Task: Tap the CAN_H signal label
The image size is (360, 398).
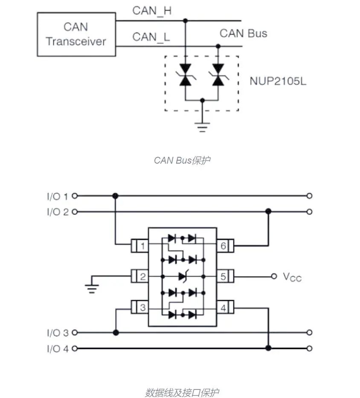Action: [152, 11]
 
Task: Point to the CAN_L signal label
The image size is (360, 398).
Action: [151, 37]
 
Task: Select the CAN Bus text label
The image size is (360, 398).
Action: [244, 33]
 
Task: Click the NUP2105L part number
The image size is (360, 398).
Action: [278, 81]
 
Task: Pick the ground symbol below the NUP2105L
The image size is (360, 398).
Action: [202, 127]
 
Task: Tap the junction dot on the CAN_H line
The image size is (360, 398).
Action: [185, 20]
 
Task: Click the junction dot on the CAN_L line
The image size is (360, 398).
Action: [218, 46]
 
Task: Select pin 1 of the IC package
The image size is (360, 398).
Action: [139, 246]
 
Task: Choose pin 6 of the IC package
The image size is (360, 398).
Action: [225, 246]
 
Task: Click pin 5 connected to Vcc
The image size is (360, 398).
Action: [225, 276]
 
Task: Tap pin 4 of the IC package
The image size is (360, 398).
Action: [225, 308]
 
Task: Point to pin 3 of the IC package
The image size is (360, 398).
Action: [139, 307]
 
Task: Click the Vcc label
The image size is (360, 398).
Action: [292, 277]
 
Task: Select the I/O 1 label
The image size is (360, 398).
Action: [58, 196]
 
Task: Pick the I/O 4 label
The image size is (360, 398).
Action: [58, 349]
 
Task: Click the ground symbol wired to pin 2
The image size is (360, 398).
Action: [92, 288]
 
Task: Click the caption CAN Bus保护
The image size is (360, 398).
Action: [182, 160]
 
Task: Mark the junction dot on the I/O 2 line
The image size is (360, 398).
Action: [268, 211]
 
